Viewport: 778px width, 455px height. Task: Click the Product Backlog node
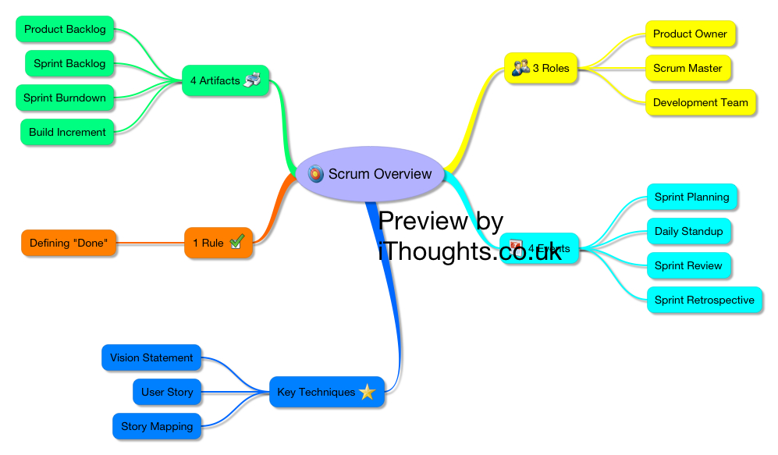coord(65,30)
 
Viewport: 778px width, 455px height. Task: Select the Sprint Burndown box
coord(65,98)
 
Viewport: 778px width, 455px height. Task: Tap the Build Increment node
coord(67,133)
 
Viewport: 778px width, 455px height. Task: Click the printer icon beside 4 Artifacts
coord(252,80)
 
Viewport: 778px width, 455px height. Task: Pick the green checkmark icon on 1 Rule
coord(237,243)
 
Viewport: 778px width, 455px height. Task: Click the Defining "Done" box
coord(69,243)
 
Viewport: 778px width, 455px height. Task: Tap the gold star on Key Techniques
coord(368,393)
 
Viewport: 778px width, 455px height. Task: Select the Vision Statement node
coord(151,358)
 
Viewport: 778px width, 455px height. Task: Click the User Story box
coord(167,393)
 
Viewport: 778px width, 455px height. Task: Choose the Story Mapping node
coord(157,427)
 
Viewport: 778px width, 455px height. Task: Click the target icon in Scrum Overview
coord(316,174)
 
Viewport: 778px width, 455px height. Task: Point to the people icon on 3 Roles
coord(520,69)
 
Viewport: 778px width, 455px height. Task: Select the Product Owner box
coord(690,34)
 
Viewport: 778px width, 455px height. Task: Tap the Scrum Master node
coord(687,69)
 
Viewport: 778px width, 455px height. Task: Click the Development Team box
coord(700,103)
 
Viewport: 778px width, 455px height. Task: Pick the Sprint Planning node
coord(691,197)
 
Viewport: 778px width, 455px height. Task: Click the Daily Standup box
coord(688,232)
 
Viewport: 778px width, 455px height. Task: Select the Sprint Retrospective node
coord(704,300)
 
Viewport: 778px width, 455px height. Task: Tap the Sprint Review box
coord(688,266)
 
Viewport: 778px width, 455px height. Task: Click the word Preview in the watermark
coord(423,222)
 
